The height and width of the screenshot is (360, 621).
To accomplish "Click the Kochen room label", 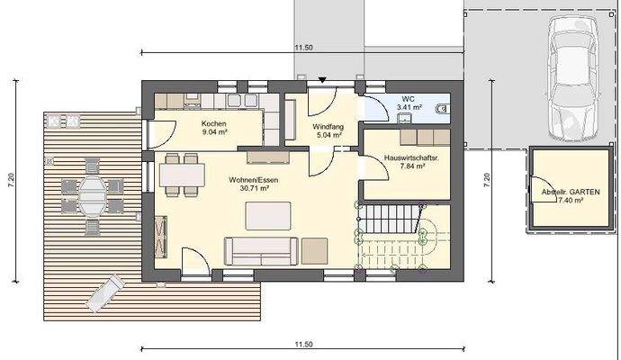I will [x=213, y=123].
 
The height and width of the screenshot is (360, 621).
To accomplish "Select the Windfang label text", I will [x=328, y=127].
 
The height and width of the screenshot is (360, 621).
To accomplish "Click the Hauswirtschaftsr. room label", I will [x=410, y=157].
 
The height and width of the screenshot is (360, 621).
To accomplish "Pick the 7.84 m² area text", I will [x=411, y=166].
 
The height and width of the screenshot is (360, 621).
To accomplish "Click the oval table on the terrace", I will [x=93, y=193].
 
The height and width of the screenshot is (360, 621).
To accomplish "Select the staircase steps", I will [x=392, y=219].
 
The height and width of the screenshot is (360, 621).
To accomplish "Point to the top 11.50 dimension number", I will [x=303, y=47].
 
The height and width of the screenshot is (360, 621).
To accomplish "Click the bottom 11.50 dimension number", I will [x=303, y=345].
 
